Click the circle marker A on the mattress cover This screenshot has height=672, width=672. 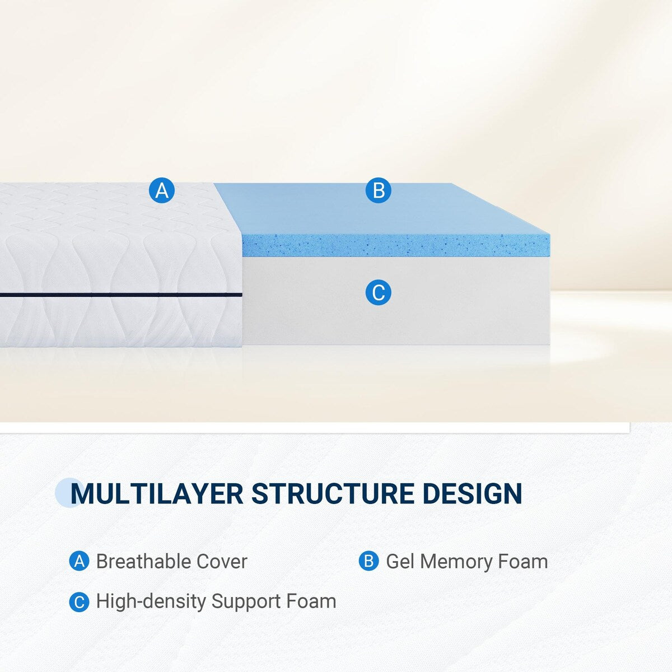tap(162, 191)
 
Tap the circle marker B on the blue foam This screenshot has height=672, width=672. tap(379, 191)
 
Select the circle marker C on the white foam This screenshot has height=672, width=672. tap(379, 293)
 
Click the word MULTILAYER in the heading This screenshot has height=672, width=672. tap(157, 493)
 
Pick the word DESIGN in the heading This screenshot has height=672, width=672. tap(472, 493)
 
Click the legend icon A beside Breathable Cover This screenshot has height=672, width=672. tap(79, 561)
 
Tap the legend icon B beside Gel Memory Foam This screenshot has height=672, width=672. tap(368, 561)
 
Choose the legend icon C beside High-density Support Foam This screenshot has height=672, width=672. tap(79, 602)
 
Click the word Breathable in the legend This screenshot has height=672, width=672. tap(143, 561)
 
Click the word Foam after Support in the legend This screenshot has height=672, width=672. tap(311, 601)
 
